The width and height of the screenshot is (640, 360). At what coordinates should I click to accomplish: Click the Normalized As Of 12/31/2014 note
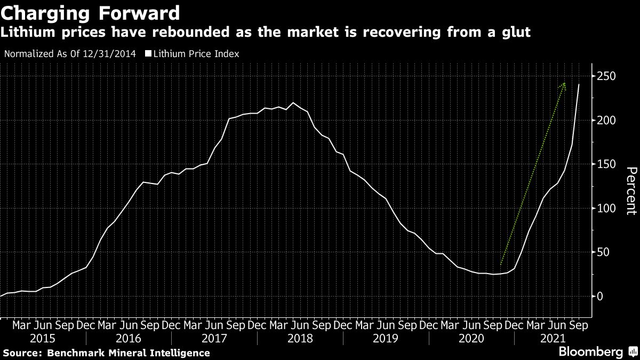pos(69,53)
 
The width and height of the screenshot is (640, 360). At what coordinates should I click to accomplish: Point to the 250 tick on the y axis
pos(606,76)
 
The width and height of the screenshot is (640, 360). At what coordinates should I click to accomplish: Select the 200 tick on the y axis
pos(606,121)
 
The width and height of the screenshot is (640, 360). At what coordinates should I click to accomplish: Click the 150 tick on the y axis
pos(606,164)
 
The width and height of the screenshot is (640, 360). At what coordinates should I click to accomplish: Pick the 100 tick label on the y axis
pos(606,209)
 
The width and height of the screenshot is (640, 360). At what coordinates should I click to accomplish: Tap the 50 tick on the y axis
pos(603,252)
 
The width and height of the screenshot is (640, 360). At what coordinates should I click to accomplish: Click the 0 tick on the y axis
pos(600,297)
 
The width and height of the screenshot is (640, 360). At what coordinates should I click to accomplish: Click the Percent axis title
pos(631,190)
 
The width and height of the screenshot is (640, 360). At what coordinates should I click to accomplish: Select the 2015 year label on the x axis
pos(43,338)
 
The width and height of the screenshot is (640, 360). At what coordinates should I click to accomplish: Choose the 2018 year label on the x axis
pos(300,338)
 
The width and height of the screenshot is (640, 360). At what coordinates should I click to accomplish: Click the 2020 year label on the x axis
pos(471,338)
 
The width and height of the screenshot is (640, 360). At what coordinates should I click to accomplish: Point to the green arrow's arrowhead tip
pos(564,83)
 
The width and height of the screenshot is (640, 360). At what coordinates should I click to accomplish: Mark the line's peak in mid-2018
pos(293,102)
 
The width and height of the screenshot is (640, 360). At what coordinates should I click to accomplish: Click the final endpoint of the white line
pos(579,84)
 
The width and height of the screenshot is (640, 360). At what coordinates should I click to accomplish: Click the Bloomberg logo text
pos(590,352)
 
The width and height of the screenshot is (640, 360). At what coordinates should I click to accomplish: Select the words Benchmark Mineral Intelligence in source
pos(128,353)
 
